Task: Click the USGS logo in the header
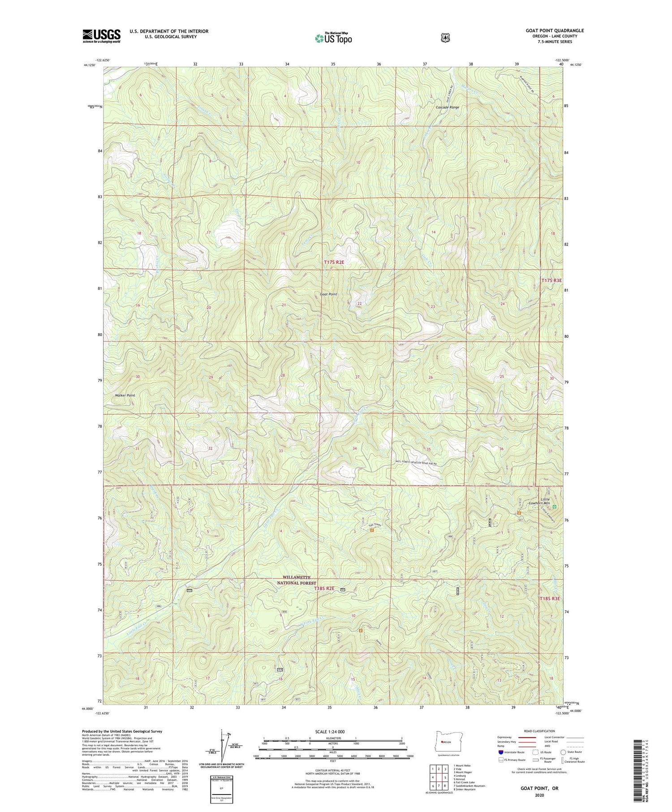click(x=101, y=36)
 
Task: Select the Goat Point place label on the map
click(x=328, y=294)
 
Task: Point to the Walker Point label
click(x=125, y=395)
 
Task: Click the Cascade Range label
click(x=448, y=107)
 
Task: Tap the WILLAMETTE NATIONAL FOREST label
click(x=296, y=580)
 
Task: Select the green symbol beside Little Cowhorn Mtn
click(x=555, y=507)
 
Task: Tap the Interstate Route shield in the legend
click(x=500, y=752)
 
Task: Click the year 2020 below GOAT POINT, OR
click(x=539, y=795)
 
